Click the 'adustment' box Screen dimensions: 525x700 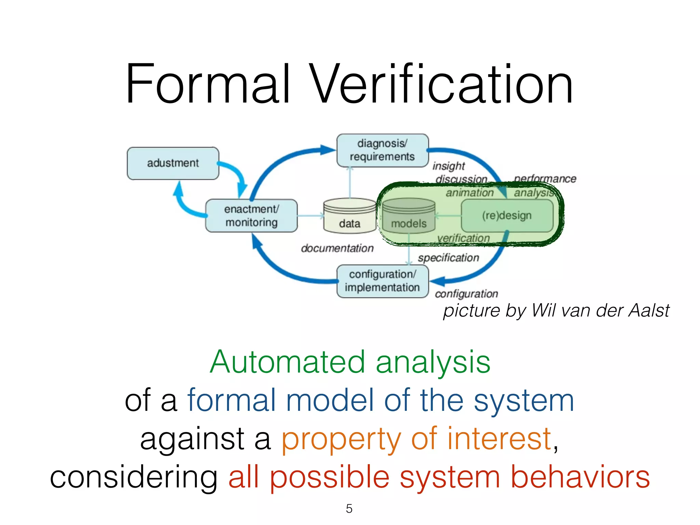[173, 163]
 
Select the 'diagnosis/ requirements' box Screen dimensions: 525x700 [382, 150]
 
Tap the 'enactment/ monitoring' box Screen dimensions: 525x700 [251, 216]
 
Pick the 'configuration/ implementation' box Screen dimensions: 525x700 [382, 281]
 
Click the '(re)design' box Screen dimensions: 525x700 [507, 216]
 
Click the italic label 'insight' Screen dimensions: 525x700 [448, 166]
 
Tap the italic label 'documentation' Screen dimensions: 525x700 [337, 248]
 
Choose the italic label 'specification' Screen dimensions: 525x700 [448, 258]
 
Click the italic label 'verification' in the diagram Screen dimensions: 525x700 [463, 238]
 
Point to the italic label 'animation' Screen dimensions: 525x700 [470, 193]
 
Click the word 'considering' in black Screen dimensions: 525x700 [134, 477]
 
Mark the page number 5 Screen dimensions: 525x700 [349, 509]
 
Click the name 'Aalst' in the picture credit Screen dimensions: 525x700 [649, 310]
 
